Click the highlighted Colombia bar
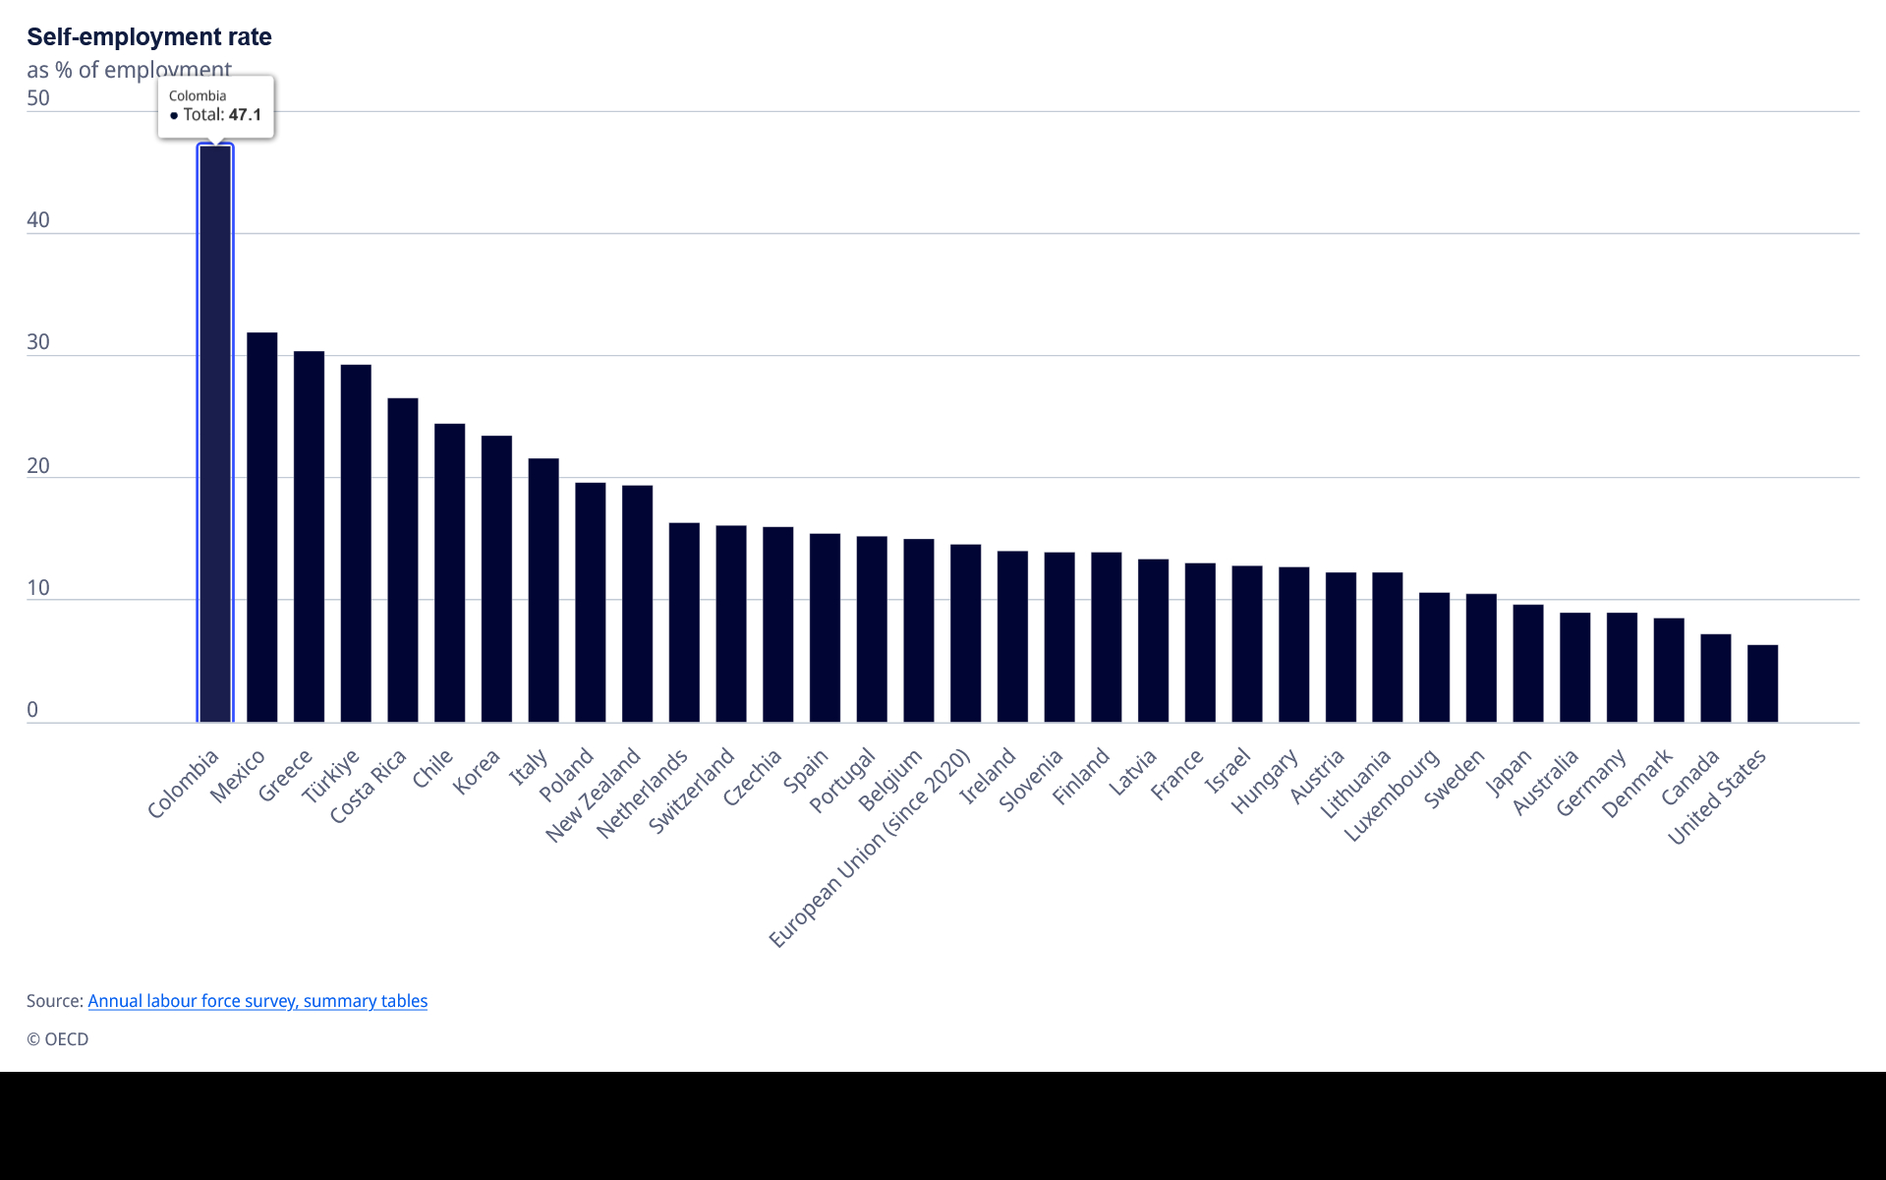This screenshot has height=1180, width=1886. (215, 434)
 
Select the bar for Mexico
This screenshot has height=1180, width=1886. (261, 527)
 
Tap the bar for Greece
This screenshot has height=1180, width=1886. (309, 537)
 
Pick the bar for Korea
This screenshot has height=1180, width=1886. (496, 578)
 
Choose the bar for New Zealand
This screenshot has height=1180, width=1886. (637, 604)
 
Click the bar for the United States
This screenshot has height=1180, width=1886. (1762, 683)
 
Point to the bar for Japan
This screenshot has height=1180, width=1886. (1527, 664)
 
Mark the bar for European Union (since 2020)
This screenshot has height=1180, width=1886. (965, 633)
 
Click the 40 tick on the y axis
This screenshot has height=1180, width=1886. (38, 220)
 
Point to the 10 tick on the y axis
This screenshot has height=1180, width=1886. (38, 588)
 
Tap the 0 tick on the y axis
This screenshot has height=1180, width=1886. (32, 710)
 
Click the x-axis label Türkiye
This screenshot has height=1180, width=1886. (331, 776)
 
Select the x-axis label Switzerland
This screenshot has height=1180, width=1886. (692, 791)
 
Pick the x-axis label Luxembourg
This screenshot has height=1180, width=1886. (1392, 795)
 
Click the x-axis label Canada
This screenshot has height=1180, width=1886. (1690, 777)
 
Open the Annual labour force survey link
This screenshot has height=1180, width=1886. (257, 1001)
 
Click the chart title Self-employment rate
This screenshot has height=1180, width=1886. (149, 36)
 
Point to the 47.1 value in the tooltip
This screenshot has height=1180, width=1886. (245, 115)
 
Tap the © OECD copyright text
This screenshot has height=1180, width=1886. (57, 1039)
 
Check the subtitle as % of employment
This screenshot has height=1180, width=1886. (129, 70)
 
